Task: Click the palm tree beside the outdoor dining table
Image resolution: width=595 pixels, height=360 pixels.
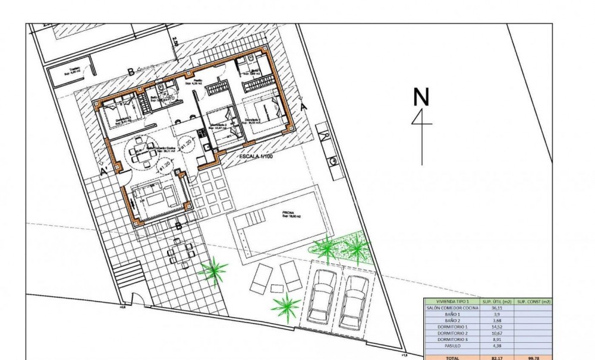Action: (213, 271)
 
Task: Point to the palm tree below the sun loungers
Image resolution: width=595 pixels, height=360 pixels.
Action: (287, 307)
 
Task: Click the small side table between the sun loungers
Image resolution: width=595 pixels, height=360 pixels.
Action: (277, 288)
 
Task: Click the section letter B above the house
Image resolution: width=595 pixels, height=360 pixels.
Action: (130, 72)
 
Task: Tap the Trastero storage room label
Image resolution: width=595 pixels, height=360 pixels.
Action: (74, 70)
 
